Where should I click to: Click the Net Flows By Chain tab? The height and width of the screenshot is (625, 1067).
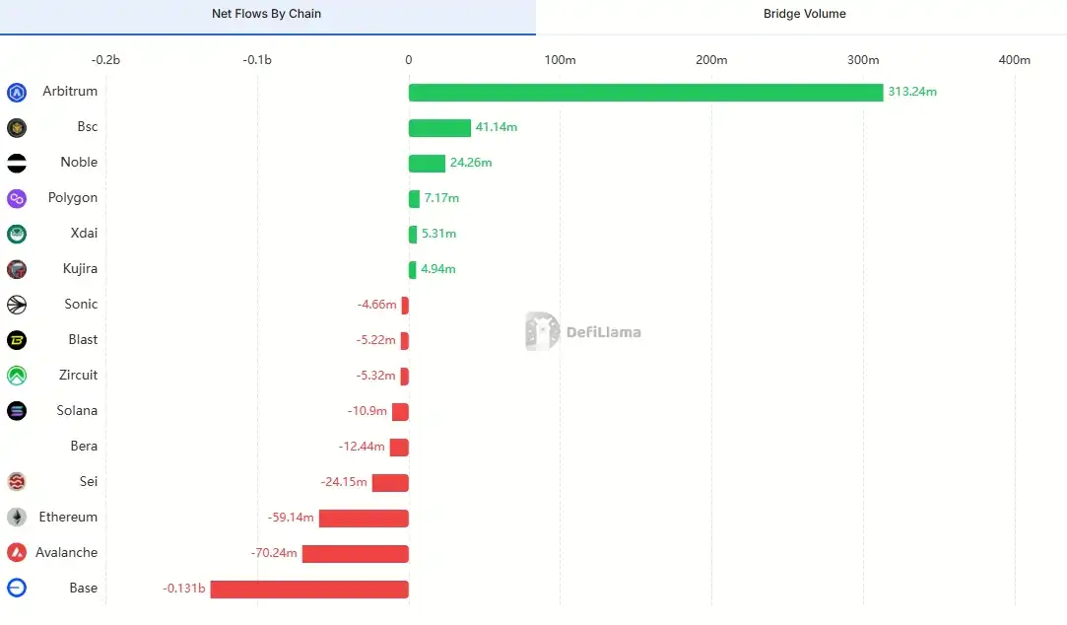click(x=266, y=14)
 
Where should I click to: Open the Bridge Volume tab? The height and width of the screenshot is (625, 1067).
click(x=804, y=14)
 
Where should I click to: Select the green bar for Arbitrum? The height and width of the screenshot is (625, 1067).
click(x=645, y=93)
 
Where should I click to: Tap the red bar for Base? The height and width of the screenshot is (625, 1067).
click(x=309, y=590)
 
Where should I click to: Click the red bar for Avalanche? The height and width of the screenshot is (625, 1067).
click(x=355, y=554)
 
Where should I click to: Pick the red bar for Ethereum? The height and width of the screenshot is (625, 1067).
click(x=364, y=519)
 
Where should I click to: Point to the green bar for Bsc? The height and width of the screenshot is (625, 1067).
click(x=439, y=128)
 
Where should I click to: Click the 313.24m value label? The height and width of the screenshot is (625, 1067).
click(x=911, y=92)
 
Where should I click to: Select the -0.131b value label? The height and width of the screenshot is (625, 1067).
click(x=184, y=589)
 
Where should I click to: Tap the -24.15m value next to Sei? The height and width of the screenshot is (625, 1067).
click(x=344, y=482)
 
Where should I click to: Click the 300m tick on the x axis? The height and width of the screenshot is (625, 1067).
click(x=863, y=60)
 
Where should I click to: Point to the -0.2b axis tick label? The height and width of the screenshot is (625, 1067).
click(x=105, y=60)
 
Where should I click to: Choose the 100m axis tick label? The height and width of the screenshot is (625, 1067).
click(x=560, y=60)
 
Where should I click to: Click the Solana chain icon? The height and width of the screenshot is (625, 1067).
click(x=17, y=411)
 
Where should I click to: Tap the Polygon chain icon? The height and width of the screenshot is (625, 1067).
click(x=17, y=198)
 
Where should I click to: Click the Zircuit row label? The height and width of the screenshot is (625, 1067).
click(x=78, y=375)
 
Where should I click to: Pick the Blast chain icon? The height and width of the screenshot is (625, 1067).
click(x=17, y=340)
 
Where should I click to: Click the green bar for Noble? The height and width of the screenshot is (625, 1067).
click(x=427, y=164)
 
